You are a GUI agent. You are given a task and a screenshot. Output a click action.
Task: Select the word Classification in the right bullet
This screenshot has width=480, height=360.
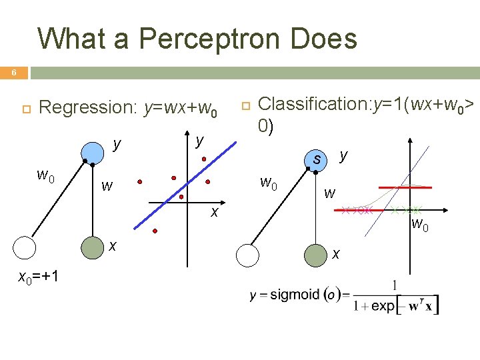point(305,104)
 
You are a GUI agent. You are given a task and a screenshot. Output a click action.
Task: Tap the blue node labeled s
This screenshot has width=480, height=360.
point(317,160)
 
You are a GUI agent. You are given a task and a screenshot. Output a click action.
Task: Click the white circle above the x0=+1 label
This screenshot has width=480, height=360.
point(25,248)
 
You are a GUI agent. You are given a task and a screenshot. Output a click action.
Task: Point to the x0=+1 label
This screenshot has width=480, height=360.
point(38,277)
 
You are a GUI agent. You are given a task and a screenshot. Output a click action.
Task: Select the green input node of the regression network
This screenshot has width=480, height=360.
point(92,247)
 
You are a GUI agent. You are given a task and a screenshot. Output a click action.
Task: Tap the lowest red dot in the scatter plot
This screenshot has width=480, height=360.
point(155,231)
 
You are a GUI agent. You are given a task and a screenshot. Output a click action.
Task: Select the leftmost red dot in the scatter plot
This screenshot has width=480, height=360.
point(140,181)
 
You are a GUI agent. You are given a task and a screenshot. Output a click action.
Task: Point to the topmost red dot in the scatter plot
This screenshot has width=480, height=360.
point(204,159)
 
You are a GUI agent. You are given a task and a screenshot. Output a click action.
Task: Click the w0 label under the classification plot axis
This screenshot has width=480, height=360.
point(419,223)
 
